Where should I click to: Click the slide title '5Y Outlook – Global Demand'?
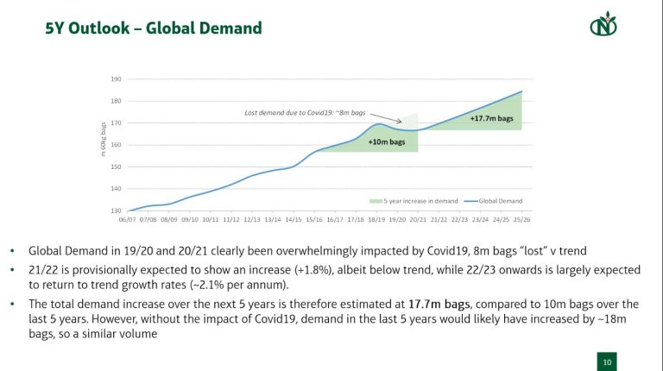pos(153,28)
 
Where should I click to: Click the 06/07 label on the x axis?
pos(129,220)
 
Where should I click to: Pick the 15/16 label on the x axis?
pos(313,220)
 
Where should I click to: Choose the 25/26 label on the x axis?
pos(521,220)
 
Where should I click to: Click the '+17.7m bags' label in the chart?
pos(491,118)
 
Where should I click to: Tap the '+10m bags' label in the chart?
pos(387,141)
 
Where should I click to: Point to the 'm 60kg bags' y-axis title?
pos(102,141)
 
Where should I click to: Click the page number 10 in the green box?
pos(607,362)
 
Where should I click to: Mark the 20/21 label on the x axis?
pos(417,220)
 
